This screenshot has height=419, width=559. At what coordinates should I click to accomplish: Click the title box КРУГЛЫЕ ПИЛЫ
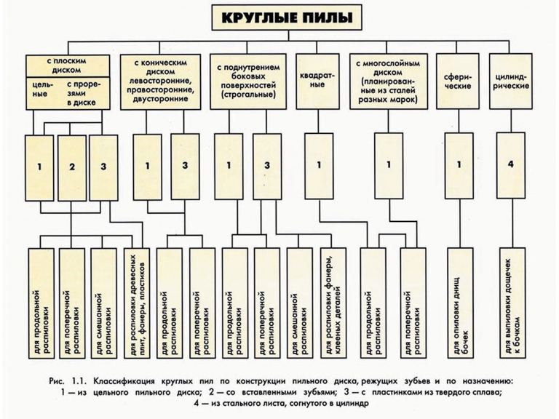[287, 17]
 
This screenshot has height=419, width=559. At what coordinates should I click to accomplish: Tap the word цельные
[42, 89]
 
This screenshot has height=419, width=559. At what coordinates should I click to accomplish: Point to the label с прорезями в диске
[84, 93]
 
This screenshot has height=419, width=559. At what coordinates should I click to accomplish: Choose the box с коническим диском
[160, 81]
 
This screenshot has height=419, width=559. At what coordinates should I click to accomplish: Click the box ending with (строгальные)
[248, 81]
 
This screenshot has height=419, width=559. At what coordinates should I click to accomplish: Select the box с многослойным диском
[388, 81]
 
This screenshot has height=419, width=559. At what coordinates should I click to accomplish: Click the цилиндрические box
[510, 81]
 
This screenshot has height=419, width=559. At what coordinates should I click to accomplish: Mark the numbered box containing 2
[72, 168]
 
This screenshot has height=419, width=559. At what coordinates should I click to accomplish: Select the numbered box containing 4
[510, 165]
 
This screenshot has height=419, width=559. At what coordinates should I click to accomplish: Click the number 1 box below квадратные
[319, 166]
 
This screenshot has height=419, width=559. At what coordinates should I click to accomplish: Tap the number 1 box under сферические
[459, 166]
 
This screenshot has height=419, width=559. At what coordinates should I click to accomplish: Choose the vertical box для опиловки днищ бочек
[460, 303]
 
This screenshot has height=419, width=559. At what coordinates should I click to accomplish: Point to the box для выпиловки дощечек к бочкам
[512, 303]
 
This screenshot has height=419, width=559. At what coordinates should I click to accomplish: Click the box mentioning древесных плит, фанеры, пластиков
[138, 303]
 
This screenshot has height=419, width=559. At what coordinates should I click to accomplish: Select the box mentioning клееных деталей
[333, 303]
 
